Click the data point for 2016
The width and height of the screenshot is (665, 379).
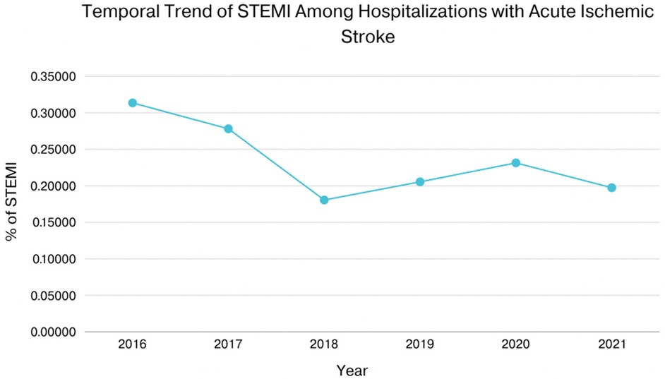click(132, 103)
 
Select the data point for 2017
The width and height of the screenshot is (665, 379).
click(228, 128)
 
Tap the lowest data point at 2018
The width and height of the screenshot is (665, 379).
click(324, 200)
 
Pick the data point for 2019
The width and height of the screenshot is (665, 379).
click(420, 182)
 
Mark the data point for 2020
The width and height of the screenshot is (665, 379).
click(516, 163)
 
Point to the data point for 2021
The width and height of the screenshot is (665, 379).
click(612, 188)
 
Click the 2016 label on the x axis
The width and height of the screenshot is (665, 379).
click(132, 346)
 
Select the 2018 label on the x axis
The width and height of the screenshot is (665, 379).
click(324, 346)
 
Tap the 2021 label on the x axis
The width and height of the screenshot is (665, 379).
click(612, 346)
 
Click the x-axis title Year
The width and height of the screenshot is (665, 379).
click(352, 370)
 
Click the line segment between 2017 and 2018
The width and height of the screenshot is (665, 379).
click(276, 164)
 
